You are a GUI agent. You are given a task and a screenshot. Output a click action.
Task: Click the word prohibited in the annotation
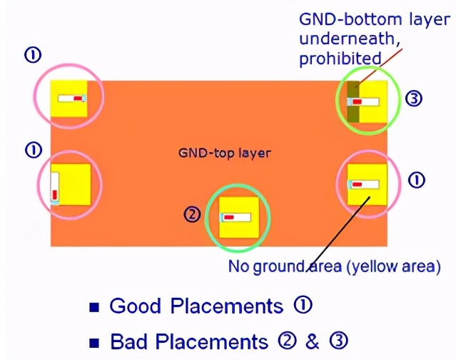[x=340, y=58]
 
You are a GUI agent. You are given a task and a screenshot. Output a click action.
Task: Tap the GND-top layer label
[x=225, y=153]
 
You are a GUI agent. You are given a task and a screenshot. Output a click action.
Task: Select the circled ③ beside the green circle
[x=414, y=99]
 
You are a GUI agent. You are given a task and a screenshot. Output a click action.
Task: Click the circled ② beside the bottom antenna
[x=192, y=214]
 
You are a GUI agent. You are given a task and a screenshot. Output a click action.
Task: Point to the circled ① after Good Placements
[x=303, y=305]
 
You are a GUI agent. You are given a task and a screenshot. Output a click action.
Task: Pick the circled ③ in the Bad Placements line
[x=338, y=341]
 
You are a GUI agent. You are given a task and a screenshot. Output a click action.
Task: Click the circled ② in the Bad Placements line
[x=287, y=341]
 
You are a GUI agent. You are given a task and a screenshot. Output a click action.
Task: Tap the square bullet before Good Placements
[x=94, y=307]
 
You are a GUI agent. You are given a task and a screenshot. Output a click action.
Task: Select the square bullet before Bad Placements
[x=94, y=343]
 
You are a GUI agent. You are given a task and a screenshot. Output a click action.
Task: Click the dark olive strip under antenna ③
[x=353, y=102]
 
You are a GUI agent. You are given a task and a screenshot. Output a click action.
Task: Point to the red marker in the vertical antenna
[x=55, y=194]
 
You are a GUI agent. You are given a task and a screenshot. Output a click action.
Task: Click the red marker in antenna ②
[x=229, y=217]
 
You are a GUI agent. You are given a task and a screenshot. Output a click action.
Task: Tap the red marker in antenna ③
[x=357, y=101]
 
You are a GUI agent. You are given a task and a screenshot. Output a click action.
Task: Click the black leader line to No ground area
[x=338, y=234]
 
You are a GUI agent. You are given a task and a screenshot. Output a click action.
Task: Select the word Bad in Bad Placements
[x=128, y=341]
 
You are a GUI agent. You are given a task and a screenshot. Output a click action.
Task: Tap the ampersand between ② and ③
[x=313, y=341]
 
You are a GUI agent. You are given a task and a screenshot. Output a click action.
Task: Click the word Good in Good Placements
[x=135, y=306]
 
